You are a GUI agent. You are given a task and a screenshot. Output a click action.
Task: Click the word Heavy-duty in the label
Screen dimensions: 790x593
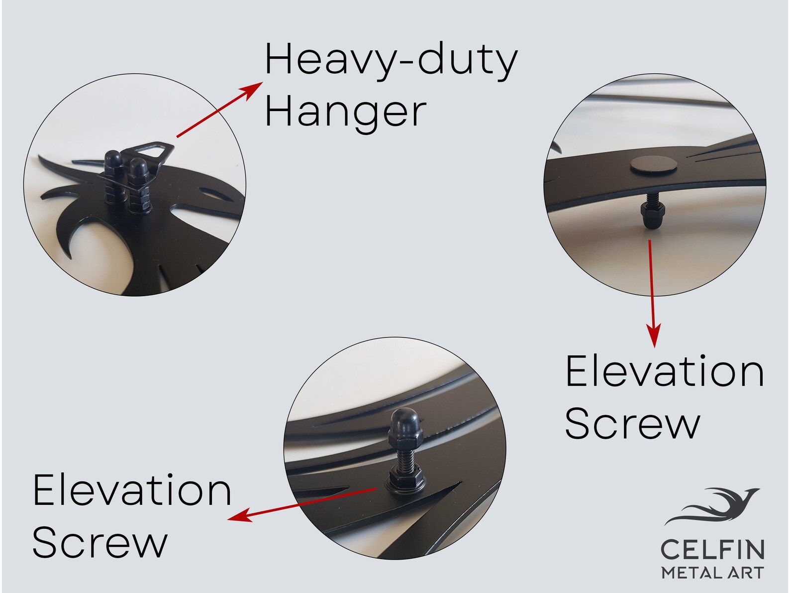click(391, 61)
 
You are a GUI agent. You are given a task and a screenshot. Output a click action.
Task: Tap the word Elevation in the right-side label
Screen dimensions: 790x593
click(664, 371)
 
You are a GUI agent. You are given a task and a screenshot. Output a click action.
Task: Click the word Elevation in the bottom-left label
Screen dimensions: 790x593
click(132, 490)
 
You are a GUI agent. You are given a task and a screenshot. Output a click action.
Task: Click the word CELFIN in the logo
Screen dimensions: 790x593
click(712, 550)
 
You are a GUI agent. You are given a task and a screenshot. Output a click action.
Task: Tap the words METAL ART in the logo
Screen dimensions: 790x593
click(712, 573)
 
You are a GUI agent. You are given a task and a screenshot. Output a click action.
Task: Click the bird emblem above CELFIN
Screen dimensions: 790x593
click(711, 506)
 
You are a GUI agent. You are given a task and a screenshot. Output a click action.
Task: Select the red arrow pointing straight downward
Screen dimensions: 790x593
click(652, 294)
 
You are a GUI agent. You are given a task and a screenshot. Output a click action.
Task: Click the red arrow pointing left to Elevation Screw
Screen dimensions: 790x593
click(301, 505)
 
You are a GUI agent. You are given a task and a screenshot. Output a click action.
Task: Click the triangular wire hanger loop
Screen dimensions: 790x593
click(151, 151)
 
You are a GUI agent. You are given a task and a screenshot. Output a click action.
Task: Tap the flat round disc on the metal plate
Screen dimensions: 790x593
click(653, 166)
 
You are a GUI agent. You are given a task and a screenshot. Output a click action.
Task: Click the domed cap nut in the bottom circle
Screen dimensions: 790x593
click(405, 426)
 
